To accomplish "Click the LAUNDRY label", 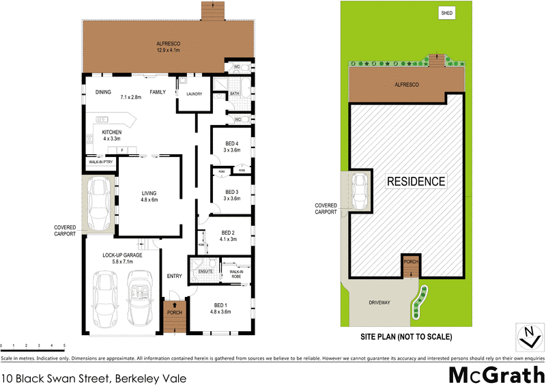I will point(190,94).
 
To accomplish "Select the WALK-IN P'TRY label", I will point(100,162).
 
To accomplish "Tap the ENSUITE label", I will point(205,272).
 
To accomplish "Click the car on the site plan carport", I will point(359,190).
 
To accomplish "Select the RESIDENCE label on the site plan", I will point(416,182).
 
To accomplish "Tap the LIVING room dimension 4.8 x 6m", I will point(149,200).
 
